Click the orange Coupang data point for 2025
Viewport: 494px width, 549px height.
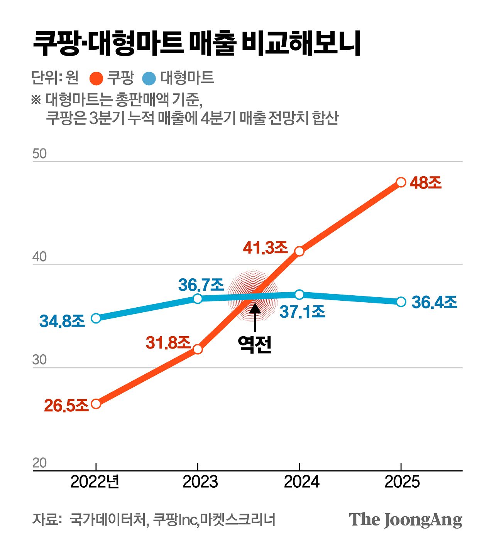pyautogui.click(x=401, y=182)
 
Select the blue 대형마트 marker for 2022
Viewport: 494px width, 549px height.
pyautogui.click(x=96, y=318)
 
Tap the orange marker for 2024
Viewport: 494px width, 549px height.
pyautogui.click(x=299, y=251)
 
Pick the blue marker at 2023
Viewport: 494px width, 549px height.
pyautogui.click(x=198, y=298)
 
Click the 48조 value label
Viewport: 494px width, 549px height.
pyautogui.click(x=425, y=183)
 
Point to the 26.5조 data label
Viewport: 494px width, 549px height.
pyautogui.click(x=66, y=405)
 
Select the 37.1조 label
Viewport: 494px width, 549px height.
pyautogui.click(x=302, y=312)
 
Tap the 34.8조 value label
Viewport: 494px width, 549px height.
pyautogui.click(x=62, y=321)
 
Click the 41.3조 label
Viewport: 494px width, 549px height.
pyautogui.click(x=266, y=248)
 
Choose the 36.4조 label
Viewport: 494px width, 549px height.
pyautogui.click(x=434, y=302)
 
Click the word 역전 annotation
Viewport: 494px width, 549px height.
pyautogui.click(x=255, y=344)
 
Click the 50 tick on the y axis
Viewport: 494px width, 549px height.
pyautogui.click(x=39, y=154)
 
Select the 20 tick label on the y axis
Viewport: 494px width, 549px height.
pyautogui.click(x=39, y=463)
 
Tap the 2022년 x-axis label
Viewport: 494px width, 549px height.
pyautogui.click(x=95, y=482)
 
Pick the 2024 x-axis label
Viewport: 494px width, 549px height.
pyautogui.click(x=301, y=482)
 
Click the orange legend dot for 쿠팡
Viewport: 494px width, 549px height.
pyautogui.click(x=96, y=78)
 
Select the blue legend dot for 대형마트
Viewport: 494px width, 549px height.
pyautogui.click(x=149, y=78)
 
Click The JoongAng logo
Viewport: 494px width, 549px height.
pyautogui.click(x=405, y=520)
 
